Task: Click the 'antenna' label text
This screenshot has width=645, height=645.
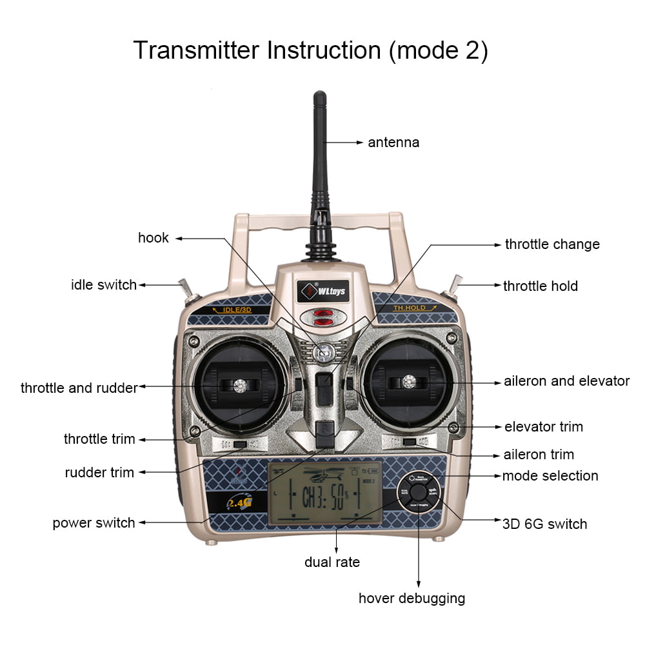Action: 393,143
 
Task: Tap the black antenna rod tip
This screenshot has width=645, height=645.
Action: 319,97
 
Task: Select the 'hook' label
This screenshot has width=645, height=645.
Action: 154,238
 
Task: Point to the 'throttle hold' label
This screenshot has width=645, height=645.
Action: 540,286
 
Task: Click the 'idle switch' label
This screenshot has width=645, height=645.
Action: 104,284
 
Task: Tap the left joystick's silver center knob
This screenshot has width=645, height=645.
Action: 240,385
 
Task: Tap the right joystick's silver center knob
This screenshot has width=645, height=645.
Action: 408,382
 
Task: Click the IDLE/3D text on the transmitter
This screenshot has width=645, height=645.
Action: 232,310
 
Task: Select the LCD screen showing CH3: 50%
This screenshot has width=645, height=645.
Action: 324,493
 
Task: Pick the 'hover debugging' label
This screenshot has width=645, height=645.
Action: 412,598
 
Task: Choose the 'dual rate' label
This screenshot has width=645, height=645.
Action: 332,562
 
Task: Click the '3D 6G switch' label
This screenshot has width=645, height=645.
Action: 544,524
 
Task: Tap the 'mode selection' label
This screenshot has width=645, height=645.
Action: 550,476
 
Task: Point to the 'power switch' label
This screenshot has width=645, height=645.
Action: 94,522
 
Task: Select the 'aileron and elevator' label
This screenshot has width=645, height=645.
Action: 566,381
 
